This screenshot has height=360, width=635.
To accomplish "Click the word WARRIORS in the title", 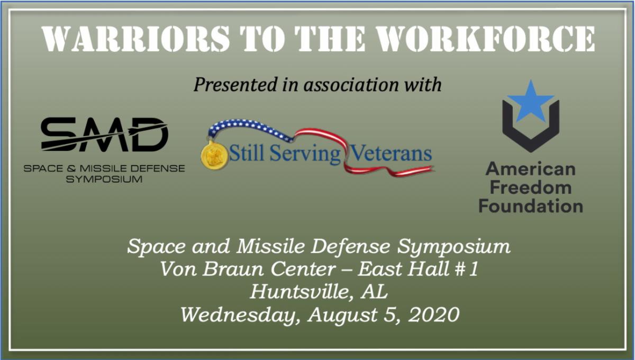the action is click(136, 39).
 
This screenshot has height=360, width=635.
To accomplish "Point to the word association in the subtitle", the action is click(351, 85).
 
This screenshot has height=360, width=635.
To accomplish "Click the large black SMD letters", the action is click(105, 134).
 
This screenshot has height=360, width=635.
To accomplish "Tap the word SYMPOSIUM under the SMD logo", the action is click(104, 179).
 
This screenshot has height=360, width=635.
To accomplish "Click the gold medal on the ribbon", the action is click(214, 155).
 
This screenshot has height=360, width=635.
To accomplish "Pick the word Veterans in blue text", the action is click(391, 154).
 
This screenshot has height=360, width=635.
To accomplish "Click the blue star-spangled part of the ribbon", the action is click(249, 129).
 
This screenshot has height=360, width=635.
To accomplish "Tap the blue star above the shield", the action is click(531, 101).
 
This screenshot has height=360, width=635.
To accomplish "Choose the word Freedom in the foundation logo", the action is click(531, 187).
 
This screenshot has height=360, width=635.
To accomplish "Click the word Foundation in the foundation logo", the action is click(531, 205).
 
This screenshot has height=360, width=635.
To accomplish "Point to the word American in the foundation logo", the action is click(531, 169).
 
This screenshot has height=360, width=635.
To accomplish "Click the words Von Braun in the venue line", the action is click(211, 268).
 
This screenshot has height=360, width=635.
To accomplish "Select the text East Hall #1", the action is click(418, 268).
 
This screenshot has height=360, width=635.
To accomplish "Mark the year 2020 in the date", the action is click(434, 314).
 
